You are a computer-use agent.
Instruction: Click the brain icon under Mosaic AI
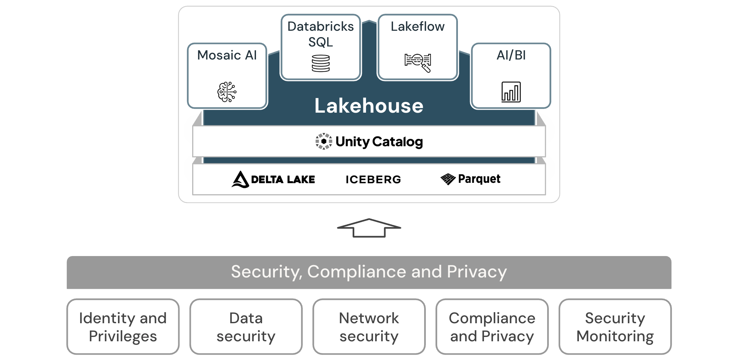tap(227, 92)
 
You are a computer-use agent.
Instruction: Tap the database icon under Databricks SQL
tap(321, 64)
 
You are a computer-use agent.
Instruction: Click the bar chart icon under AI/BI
tap(511, 92)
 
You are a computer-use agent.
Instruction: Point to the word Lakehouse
tap(369, 106)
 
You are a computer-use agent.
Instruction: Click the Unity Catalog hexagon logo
tap(324, 141)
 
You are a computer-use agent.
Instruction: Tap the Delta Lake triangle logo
tap(240, 179)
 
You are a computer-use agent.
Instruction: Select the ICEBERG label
tap(373, 179)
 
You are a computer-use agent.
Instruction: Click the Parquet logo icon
tap(448, 179)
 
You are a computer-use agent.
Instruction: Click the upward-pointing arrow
tap(369, 228)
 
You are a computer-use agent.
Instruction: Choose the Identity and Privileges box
tap(123, 327)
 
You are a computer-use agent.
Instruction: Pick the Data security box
tap(246, 327)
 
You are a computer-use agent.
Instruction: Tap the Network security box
tap(369, 327)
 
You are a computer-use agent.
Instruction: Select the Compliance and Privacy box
tap(492, 327)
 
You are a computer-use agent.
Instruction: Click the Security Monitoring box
tap(615, 327)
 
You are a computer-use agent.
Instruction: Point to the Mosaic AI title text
tap(227, 55)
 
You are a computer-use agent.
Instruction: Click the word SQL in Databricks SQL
tap(321, 42)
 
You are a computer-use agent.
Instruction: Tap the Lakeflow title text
tap(417, 26)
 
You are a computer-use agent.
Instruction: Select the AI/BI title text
tap(511, 55)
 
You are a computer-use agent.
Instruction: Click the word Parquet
tap(479, 179)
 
